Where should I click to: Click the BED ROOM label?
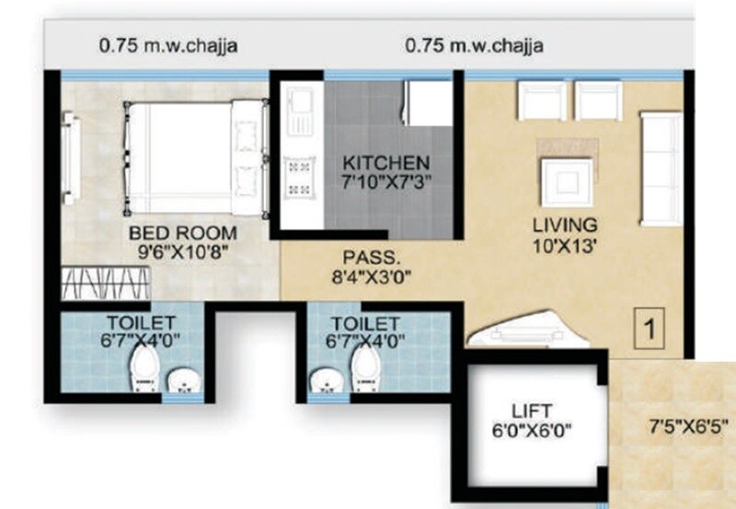182,231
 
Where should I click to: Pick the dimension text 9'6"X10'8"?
182,249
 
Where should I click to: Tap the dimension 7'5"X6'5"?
687,425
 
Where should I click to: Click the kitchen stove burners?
300,178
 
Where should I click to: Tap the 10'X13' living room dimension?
565,244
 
